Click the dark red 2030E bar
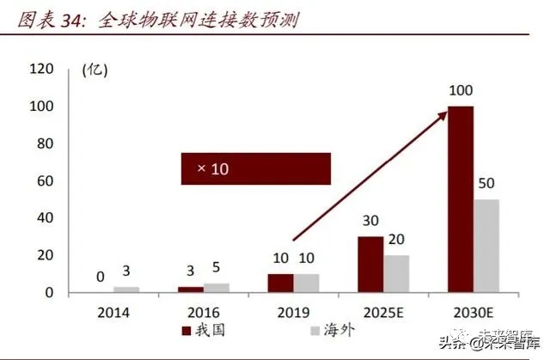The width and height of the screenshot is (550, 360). click(x=461, y=199)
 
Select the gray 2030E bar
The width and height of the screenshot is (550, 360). click(x=486, y=246)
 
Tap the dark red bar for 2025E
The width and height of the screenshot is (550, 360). click(x=370, y=265)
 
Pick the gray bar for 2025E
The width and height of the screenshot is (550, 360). click(x=396, y=274)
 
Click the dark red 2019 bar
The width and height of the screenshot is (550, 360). click(x=280, y=284)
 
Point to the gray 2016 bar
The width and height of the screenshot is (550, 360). click(x=216, y=288)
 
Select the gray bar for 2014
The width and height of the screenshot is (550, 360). click(x=125, y=290)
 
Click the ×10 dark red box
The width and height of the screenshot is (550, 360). click(x=255, y=168)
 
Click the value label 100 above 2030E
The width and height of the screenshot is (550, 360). click(x=461, y=91)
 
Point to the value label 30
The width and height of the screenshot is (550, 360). click(x=370, y=222)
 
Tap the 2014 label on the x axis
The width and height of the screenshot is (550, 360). click(x=113, y=313)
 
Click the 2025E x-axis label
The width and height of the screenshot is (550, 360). click(x=383, y=313)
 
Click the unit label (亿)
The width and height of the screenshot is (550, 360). click(x=94, y=70)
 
